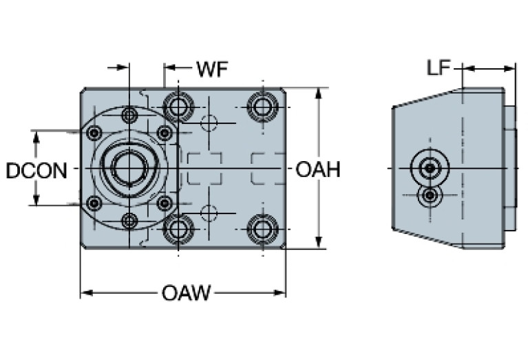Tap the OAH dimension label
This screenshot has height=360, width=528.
pyautogui.click(x=318, y=169)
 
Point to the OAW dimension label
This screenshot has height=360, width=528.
pyautogui.click(x=186, y=294)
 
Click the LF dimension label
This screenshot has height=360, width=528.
pyautogui.click(x=439, y=67)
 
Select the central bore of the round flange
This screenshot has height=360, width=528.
pyautogui.click(x=129, y=167)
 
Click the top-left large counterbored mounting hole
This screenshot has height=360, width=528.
pyautogui.click(x=179, y=106)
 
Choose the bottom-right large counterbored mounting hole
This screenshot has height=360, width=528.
pyautogui.click(x=262, y=228)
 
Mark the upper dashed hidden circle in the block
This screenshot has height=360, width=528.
pyautogui.click(x=209, y=124)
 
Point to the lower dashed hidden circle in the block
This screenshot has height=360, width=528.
pyautogui.click(x=209, y=211)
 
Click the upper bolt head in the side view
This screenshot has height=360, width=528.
pyautogui.click(x=430, y=168)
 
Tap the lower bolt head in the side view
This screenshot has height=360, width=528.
pyautogui.click(x=430, y=196)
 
